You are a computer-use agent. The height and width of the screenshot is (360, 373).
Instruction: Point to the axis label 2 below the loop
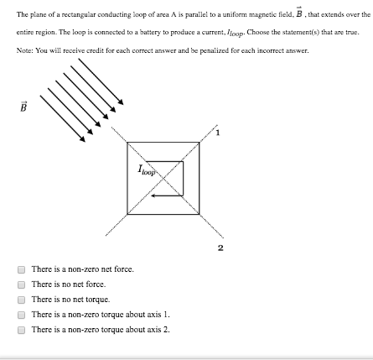point(220,247)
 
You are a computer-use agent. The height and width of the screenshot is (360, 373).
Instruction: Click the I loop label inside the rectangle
point(148,170)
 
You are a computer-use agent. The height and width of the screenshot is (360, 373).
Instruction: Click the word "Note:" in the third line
point(23,50)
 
